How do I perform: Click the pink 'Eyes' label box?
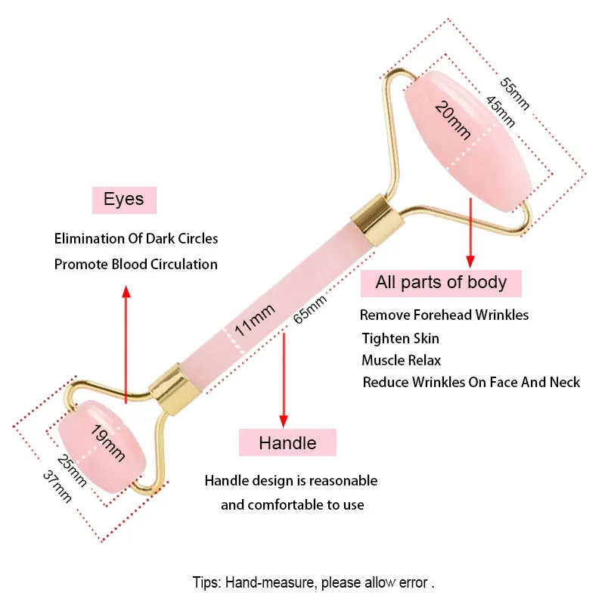(x=123, y=200)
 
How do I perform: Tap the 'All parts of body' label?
(x=441, y=283)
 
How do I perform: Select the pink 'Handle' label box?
(x=287, y=442)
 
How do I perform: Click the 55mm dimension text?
(x=513, y=79)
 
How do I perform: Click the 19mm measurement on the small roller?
(x=107, y=443)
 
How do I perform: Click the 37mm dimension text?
(x=57, y=485)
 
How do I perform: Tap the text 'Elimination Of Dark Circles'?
(x=136, y=239)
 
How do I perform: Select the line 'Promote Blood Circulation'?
(x=136, y=265)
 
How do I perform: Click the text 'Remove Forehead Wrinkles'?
(x=444, y=315)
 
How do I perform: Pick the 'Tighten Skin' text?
(x=400, y=338)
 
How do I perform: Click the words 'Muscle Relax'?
(x=401, y=360)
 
